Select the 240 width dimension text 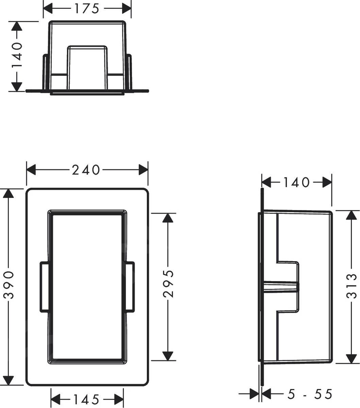[86, 170]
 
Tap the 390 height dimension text [9, 285]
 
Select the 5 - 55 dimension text [309, 394]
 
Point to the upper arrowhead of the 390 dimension [8, 194]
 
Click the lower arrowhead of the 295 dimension [167, 355]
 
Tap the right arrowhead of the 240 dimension [143, 170]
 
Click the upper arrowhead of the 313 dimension [351, 215]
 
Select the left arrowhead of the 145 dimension [55, 398]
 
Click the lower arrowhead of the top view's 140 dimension [16, 86]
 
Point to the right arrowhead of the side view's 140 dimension [327, 183]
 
